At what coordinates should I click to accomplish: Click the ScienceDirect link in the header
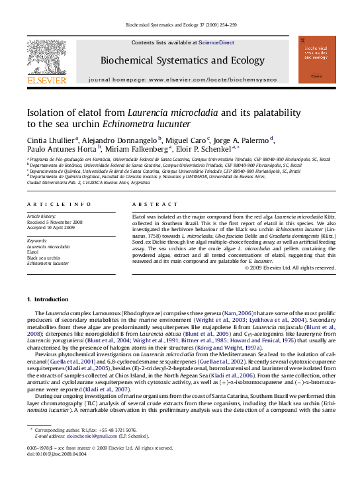(x=216, y=42)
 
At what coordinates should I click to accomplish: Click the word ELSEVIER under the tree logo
(x=46, y=81)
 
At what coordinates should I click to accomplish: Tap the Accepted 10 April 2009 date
(x=52, y=228)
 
